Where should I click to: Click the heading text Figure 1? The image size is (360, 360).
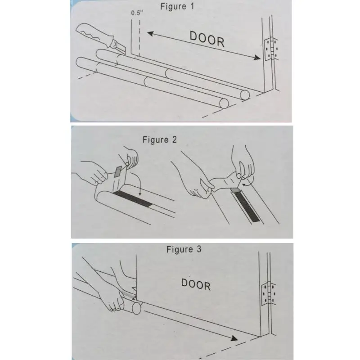point(177,6)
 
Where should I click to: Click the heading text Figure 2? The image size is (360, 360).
point(160,139)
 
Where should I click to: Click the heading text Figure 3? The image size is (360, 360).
point(184,249)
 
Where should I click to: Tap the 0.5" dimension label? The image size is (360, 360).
point(137,13)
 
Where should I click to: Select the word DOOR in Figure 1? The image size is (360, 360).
point(207,39)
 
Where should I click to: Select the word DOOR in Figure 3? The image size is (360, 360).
point(196,284)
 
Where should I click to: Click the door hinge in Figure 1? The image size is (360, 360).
point(271,49)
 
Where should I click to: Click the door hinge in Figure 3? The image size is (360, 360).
point(268,294)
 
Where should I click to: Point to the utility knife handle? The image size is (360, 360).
point(94,35)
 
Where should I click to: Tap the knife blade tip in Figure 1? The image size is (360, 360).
point(125,53)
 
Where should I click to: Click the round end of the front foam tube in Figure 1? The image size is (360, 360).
point(224,103)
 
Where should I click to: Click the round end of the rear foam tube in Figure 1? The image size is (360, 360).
point(245,95)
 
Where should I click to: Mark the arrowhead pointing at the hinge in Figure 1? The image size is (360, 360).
point(257,58)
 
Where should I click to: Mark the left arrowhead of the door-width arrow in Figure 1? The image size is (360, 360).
point(150,33)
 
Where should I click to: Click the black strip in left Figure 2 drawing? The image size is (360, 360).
point(133,199)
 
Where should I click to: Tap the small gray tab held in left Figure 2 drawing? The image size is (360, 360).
point(118,171)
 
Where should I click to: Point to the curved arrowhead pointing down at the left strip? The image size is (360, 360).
point(140,195)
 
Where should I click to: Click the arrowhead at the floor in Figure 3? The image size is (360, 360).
point(234,338)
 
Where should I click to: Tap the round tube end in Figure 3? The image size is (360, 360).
point(137,308)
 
